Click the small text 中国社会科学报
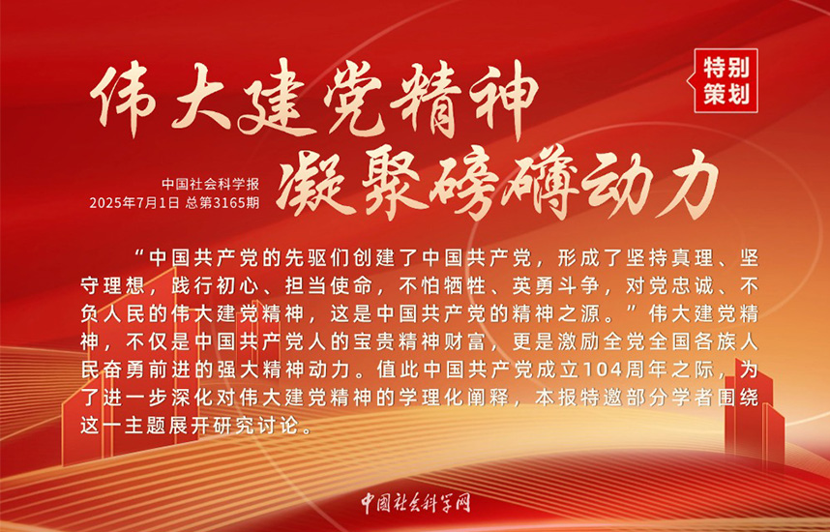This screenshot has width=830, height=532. pos(211,184)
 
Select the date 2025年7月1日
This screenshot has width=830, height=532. pos(134,203)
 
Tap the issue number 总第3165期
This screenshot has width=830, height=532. pos(222,203)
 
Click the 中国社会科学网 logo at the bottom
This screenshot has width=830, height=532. pos(416,503)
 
